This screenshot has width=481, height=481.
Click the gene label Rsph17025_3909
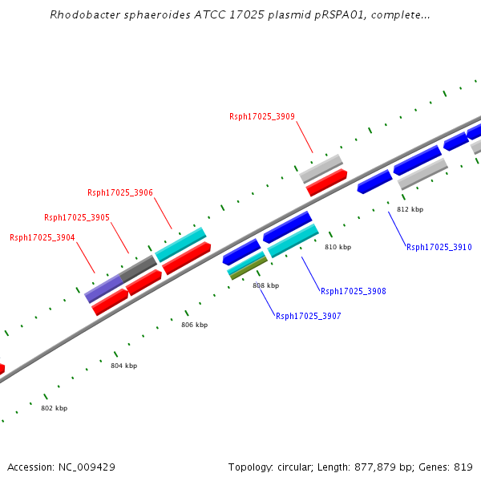click(261, 116)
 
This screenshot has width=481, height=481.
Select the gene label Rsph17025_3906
click(119, 192)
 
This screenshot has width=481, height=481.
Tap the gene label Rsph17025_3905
click(76, 217)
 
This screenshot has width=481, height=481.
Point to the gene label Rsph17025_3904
click(42, 237)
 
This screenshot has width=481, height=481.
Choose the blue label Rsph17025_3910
click(439, 247)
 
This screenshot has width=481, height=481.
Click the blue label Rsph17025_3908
click(353, 291)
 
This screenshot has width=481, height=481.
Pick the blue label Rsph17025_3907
click(308, 316)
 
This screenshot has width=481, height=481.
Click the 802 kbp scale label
click(54, 408)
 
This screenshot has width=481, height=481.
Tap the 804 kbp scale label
click(123, 366)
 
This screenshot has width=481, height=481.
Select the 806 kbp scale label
click(194, 325)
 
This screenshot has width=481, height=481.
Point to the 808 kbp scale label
click(265, 285)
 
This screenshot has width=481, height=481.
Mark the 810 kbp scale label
click(338, 247)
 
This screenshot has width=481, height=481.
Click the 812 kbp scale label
click(410, 209)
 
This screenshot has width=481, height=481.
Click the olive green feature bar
click(249, 267)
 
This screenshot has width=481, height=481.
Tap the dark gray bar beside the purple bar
click(138, 267)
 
